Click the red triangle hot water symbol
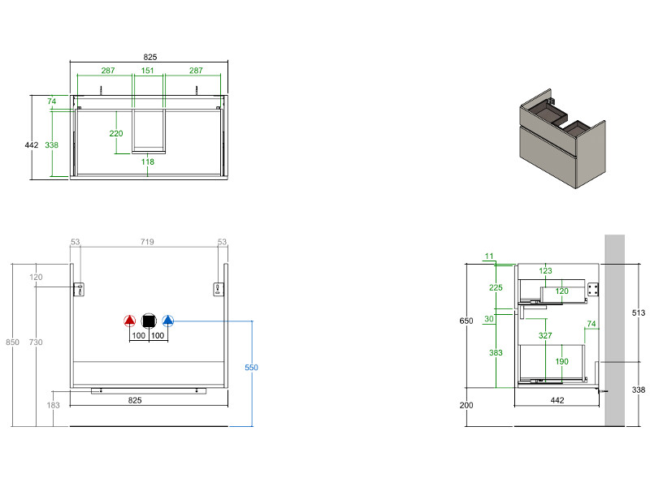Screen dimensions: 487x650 [129, 321]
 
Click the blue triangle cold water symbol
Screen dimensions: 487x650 [168, 321]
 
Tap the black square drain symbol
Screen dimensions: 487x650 [149, 321]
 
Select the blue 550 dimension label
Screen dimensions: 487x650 [251, 368]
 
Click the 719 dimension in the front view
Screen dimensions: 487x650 [148, 242]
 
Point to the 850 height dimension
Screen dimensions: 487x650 [12, 343]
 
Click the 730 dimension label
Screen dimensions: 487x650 [37, 343]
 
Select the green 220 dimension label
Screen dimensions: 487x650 [115, 134]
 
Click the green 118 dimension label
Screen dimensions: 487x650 [148, 162]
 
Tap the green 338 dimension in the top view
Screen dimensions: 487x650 [51, 144]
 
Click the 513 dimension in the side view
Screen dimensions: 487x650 [639, 311]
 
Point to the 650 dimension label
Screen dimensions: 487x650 [466, 321]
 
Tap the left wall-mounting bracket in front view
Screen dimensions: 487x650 [80, 289]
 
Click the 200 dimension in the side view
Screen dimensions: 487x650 [466, 405]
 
